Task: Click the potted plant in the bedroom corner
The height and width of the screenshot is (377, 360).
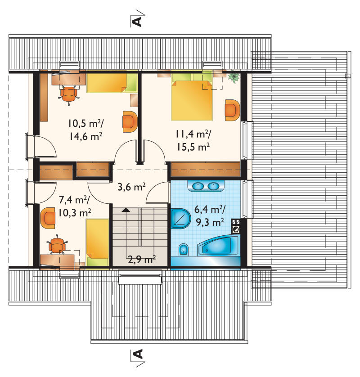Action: click(x=234, y=77)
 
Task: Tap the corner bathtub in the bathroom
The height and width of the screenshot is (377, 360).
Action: click(x=218, y=246)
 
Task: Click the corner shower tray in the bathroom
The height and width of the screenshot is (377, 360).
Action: click(x=180, y=219)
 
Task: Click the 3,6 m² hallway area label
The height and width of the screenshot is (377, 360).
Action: click(x=131, y=187)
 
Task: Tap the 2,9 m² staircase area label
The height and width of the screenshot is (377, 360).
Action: click(x=142, y=260)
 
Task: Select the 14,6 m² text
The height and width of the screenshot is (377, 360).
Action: click(x=86, y=136)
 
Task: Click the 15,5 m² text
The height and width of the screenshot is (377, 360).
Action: click(x=193, y=147)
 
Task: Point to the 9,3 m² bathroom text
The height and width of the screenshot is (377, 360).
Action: click(x=210, y=222)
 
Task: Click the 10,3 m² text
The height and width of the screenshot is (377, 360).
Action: click(x=75, y=212)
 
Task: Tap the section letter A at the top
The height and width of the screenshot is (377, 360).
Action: click(x=138, y=21)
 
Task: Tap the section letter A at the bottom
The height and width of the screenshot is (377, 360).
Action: click(x=138, y=354)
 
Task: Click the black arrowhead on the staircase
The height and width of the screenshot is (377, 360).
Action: click(x=126, y=210)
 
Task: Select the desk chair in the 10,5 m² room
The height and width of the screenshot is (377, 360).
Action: click(x=69, y=94)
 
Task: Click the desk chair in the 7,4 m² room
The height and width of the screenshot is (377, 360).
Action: click(x=57, y=245)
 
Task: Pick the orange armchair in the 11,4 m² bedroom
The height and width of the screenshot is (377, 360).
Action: click(x=232, y=110)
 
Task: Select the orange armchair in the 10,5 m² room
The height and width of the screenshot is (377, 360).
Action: click(x=130, y=121)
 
